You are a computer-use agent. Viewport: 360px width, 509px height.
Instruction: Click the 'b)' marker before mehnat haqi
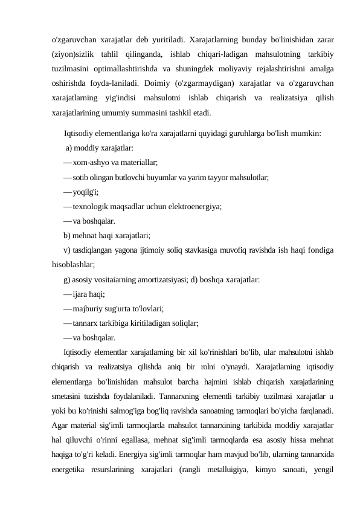[67, 236]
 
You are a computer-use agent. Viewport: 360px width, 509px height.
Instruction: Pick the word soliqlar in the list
[186, 324]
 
